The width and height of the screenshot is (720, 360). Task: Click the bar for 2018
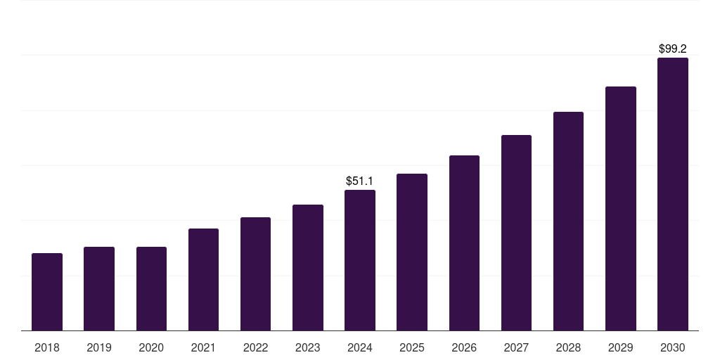coord(47,292)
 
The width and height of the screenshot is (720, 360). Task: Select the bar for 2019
coord(99,288)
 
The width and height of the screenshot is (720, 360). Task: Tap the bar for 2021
coord(203,279)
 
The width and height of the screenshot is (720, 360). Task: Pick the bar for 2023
coord(308,267)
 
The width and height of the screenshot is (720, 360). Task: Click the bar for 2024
coord(360,260)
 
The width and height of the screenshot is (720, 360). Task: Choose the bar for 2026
coord(464,243)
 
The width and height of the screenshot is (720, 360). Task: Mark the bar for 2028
coord(568,221)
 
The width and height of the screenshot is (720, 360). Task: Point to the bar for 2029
coord(620,208)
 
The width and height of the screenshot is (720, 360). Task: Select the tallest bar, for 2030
coord(673,194)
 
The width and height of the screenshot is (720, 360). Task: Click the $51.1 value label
coord(360,181)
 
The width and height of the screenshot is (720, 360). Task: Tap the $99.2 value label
coord(673,49)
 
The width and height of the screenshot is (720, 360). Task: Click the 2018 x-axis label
coord(47,347)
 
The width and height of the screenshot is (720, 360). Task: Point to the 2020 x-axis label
coord(151,347)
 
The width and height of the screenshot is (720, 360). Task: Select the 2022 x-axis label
coord(255,347)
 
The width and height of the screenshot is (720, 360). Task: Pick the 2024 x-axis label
coord(360,347)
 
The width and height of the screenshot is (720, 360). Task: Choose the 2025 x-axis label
coord(412,347)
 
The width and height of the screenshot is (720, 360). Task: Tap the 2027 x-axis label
coord(516,347)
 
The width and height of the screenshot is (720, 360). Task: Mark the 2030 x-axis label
coord(673,347)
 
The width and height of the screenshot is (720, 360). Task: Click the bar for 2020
coord(151,288)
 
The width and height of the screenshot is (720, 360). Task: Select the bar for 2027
coord(516,233)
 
